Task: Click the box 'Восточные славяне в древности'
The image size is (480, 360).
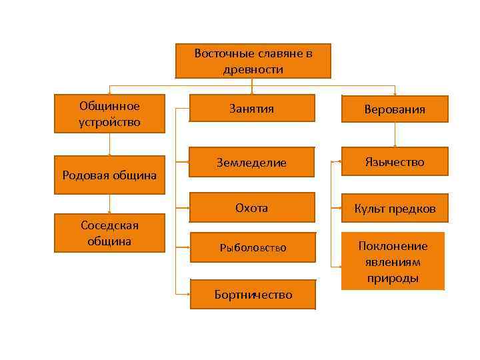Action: click(x=253, y=61)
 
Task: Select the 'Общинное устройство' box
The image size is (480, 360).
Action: click(x=109, y=114)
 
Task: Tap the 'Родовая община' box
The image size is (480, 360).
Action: click(x=109, y=175)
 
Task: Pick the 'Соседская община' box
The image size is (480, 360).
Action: click(x=109, y=233)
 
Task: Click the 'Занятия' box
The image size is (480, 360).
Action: click(x=252, y=108)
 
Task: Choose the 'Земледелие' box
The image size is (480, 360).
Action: click(x=252, y=162)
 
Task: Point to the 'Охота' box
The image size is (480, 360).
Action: click(x=252, y=207)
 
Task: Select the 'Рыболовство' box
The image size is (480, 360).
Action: click(x=252, y=247)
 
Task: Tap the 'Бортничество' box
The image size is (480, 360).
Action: click(x=253, y=294)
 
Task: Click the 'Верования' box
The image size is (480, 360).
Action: click(x=395, y=109)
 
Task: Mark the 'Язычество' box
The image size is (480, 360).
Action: click(x=395, y=161)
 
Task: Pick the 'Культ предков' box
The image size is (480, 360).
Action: click(x=395, y=209)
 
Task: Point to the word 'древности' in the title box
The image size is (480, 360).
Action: click(x=253, y=69)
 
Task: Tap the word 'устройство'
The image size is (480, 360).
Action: click(x=109, y=122)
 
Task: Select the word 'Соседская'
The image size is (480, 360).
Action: click(x=109, y=225)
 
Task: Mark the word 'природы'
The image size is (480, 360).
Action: click(x=393, y=278)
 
